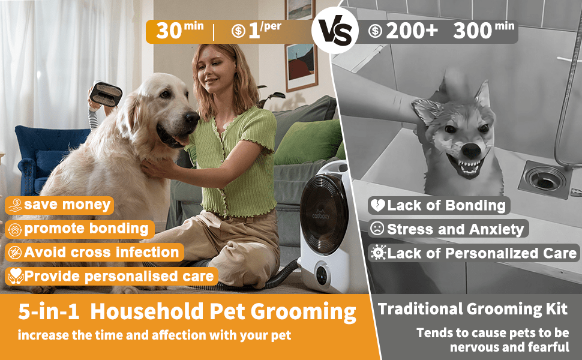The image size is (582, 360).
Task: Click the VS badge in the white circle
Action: click(335, 30)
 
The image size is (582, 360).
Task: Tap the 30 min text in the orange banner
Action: click(179, 30)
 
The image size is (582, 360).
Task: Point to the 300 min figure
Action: click(484, 31)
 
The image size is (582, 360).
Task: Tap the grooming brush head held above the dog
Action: click(106, 94)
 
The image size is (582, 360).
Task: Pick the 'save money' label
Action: click(59, 205)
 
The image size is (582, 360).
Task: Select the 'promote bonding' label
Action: click(79, 229)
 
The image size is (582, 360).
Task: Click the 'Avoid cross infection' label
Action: click(94, 253)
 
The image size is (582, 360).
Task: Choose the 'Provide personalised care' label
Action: click(112, 277)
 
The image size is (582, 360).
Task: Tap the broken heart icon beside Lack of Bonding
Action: click(378, 205)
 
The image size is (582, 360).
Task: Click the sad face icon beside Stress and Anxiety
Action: click(377, 229)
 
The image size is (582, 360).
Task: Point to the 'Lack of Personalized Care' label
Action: click(473, 253)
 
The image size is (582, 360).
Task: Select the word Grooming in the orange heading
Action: click(303, 312)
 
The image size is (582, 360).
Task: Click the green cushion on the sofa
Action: click(308, 142)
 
